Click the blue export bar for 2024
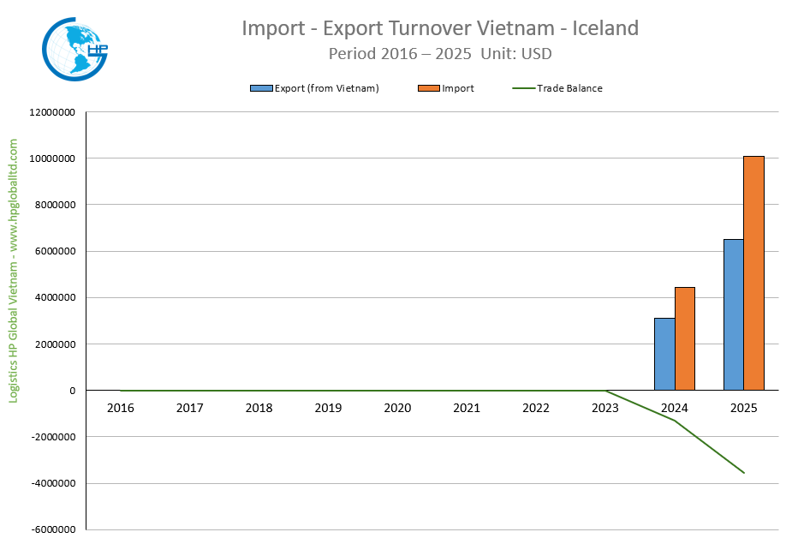pos(664,354)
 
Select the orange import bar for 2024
pos(685,338)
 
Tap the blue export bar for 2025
pos(734,314)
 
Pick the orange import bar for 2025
pos(754,273)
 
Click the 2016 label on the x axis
pos(121,408)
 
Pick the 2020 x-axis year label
pos(397,408)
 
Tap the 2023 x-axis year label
pos(605,408)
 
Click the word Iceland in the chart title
pos(606,28)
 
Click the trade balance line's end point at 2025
pos(744,473)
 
